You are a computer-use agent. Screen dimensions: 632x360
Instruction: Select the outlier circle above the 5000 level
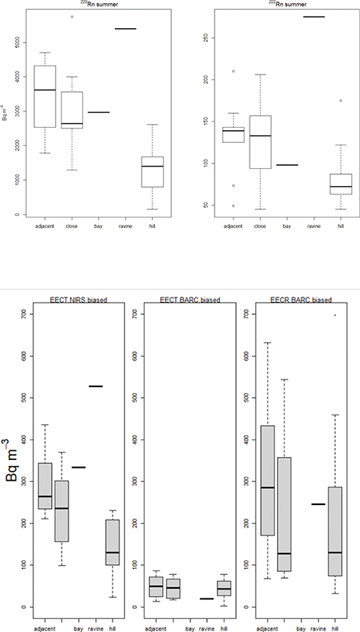click(x=72, y=17)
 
